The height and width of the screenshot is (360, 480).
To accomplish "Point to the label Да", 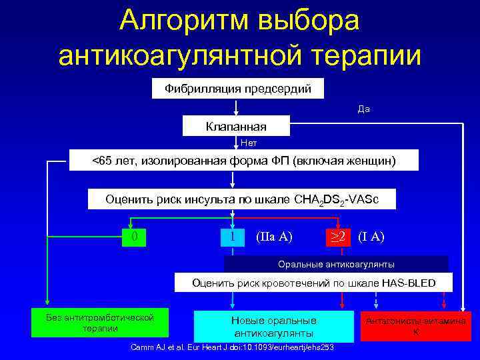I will (363, 109).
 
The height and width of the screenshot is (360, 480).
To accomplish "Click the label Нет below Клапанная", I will (249, 143).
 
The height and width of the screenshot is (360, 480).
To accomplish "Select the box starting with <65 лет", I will (243, 161).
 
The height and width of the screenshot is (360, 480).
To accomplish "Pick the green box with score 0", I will (135, 237).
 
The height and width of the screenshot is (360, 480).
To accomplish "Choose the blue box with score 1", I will (232, 237).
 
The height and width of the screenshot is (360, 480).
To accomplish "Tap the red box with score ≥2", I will (338, 237).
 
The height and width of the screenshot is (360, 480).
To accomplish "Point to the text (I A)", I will (371, 237).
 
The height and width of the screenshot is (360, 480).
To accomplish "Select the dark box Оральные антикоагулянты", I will (336, 264).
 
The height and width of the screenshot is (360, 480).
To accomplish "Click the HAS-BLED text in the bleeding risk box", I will (409, 283).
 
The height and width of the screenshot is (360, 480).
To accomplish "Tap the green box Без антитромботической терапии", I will (101, 323).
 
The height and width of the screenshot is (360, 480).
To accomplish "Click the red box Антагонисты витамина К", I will (415, 326).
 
